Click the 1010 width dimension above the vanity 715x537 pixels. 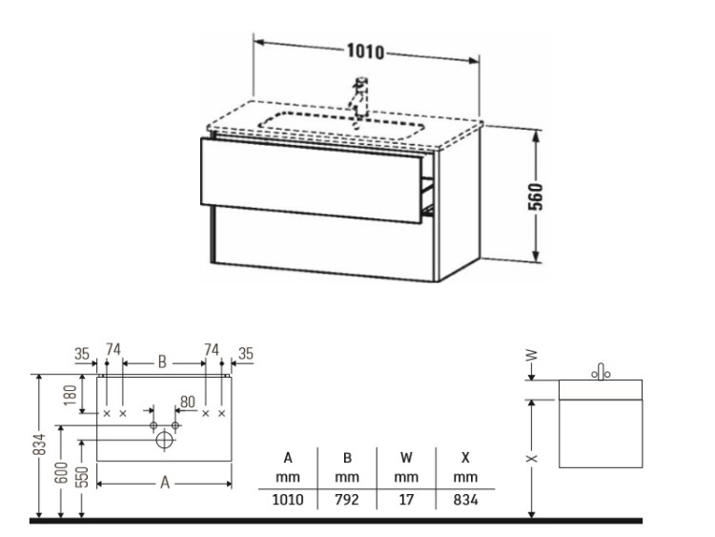(366, 52)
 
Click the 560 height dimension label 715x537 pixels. (536, 196)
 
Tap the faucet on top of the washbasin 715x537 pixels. (359, 97)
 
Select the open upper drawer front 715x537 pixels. (312, 180)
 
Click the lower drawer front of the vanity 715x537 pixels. (323, 243)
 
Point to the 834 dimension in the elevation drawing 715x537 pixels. (40, 444)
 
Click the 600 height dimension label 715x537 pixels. (62, 472)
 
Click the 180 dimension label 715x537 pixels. (70, 395)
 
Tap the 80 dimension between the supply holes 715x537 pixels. (188, 402)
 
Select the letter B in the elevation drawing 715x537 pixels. (162, 362)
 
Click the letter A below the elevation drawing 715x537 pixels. (165, 483)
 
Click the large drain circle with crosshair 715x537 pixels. (164, 441)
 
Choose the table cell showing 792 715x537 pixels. (347, 500)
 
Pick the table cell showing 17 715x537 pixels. (406, 500)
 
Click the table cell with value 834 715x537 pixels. (465, 500)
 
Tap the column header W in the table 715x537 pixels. (406, 457)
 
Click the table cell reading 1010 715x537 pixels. (288, 500)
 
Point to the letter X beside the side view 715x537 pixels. (532, 459)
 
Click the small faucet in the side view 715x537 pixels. (601, 372)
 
